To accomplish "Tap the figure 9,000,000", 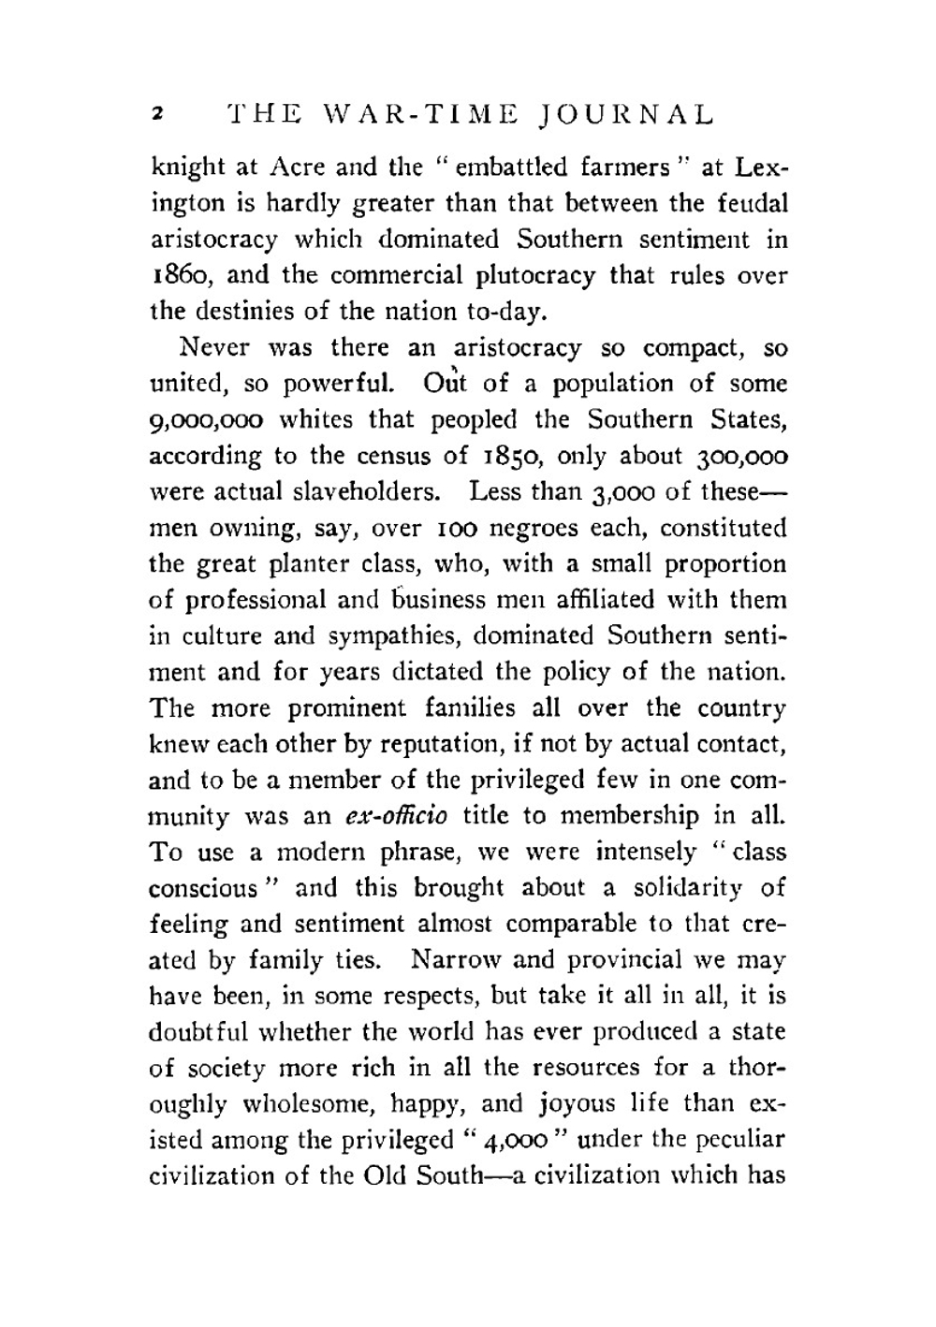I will click(x=200, y=420).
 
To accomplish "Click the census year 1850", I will click(x=511, y=456).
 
